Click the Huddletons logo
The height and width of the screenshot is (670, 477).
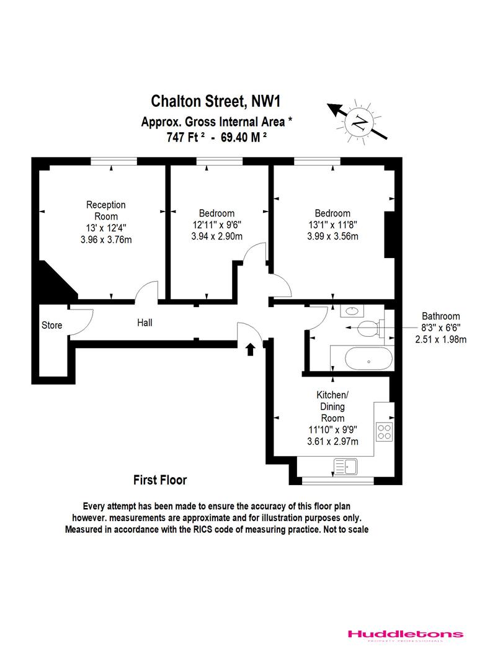point(404,634)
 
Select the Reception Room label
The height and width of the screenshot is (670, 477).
point(106,210)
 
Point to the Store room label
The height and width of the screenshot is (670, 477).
point(52,325)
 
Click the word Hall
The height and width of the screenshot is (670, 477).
point(145,323)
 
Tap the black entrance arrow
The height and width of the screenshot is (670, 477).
point(251,349)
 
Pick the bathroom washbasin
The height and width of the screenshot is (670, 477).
point(352,310)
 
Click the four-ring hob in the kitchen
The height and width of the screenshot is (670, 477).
point(384,431)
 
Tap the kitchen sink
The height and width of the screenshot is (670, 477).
point(345,465)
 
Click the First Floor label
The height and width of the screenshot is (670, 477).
point(160,480)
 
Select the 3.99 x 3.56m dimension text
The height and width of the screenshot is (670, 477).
point(332,236)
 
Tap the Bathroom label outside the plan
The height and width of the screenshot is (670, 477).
point(440,315)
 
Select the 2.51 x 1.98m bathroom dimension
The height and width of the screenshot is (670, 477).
point(440,339)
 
